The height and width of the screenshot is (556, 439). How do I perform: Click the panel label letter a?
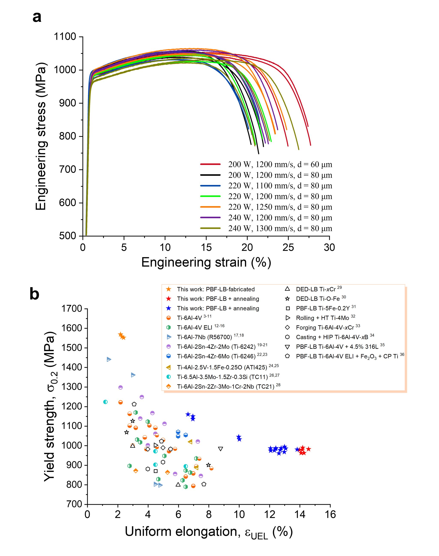(x=37, y=18)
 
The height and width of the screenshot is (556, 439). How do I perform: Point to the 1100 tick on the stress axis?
(x=65, y=37)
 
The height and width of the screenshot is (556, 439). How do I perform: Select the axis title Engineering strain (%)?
(x=206, y=263)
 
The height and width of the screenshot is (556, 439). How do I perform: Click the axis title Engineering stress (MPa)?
(x=41, y=136)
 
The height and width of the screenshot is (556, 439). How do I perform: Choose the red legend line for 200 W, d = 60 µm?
(x=210, y=164)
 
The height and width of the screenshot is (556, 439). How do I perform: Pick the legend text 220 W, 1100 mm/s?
(x=280, y=186)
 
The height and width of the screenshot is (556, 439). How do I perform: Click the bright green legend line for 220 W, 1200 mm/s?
(x=210, y=196)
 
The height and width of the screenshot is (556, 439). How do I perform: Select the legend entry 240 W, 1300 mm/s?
(x=280, y=228)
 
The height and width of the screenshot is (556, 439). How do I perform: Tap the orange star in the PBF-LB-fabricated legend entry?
(x=169, y=289)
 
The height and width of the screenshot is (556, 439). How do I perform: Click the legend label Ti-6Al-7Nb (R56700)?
(x=204, y=337)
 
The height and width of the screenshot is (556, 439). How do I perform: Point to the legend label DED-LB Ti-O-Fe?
(x=318, y=299)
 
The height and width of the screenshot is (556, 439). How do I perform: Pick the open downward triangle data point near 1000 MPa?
(x=221, y=449)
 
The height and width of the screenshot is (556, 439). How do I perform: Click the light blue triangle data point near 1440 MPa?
(x=109, y=359)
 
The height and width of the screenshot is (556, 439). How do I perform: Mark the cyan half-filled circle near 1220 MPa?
(x=105, y=402)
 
